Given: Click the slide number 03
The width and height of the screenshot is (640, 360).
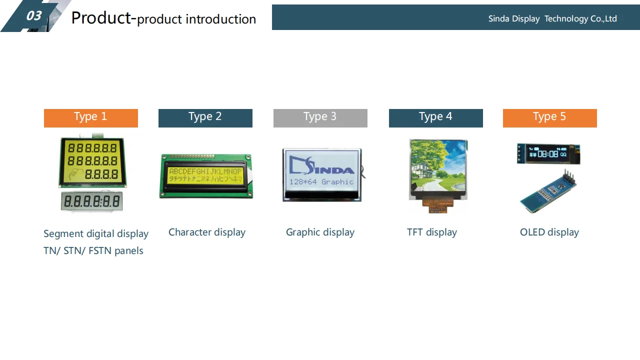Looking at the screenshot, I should (x=33, y=16).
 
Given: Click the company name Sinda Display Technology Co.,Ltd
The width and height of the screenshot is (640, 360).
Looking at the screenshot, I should (x=552, y=19).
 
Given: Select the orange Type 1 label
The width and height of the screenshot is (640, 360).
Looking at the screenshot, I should (x=90, y=117).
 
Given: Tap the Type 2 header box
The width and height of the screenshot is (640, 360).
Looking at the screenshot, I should (x=205, y=117).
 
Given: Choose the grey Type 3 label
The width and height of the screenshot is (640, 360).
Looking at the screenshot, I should (x=320, y=117).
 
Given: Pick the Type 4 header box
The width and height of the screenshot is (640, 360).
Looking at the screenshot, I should (x=435, y=117).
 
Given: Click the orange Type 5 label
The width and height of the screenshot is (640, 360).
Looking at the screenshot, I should (x=549, y=117).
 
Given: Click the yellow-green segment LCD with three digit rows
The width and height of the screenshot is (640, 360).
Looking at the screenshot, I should (x=92, y=161).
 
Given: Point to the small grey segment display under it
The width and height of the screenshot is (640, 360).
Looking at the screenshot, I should (x=92, y=201).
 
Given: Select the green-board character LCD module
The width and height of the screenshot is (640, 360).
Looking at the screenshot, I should (x=206, y=176).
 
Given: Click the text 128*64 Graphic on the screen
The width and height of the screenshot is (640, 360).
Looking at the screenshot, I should (x=321, y=182).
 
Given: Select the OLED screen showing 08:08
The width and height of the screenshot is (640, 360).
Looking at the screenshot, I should (x=548, y=154).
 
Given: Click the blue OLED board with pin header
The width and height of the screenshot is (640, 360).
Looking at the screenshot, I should (x=548, y=192).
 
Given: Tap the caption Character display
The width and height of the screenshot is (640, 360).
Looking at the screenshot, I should (x=207, y=232).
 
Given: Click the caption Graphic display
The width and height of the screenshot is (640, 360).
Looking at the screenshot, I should (x=320, y=232).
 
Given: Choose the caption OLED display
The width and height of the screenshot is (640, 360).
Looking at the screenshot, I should (x=549, y=232).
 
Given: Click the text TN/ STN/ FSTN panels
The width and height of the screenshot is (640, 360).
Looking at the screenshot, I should (x=93, y=251).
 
